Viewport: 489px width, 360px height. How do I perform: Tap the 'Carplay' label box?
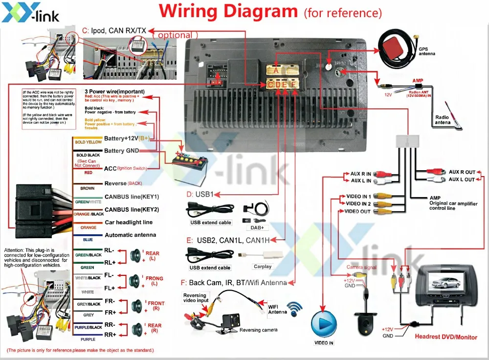point(262,267)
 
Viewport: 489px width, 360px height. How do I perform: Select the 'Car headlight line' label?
point(128,222)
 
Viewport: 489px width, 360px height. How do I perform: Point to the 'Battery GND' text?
point(121,151)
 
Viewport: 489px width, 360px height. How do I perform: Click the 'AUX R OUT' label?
point(462,172)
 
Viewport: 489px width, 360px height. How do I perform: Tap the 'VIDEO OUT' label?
point(357,211)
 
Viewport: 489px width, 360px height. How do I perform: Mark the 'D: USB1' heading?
point(200,194)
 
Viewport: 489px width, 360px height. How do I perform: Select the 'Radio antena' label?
point(443,120)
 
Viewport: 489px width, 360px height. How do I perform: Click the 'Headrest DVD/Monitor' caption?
point(446,337)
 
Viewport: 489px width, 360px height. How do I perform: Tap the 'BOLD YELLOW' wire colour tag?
point(88,142)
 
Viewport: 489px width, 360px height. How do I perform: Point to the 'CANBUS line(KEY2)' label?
point(132,209)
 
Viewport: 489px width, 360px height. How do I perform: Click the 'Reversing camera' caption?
point(258,330)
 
